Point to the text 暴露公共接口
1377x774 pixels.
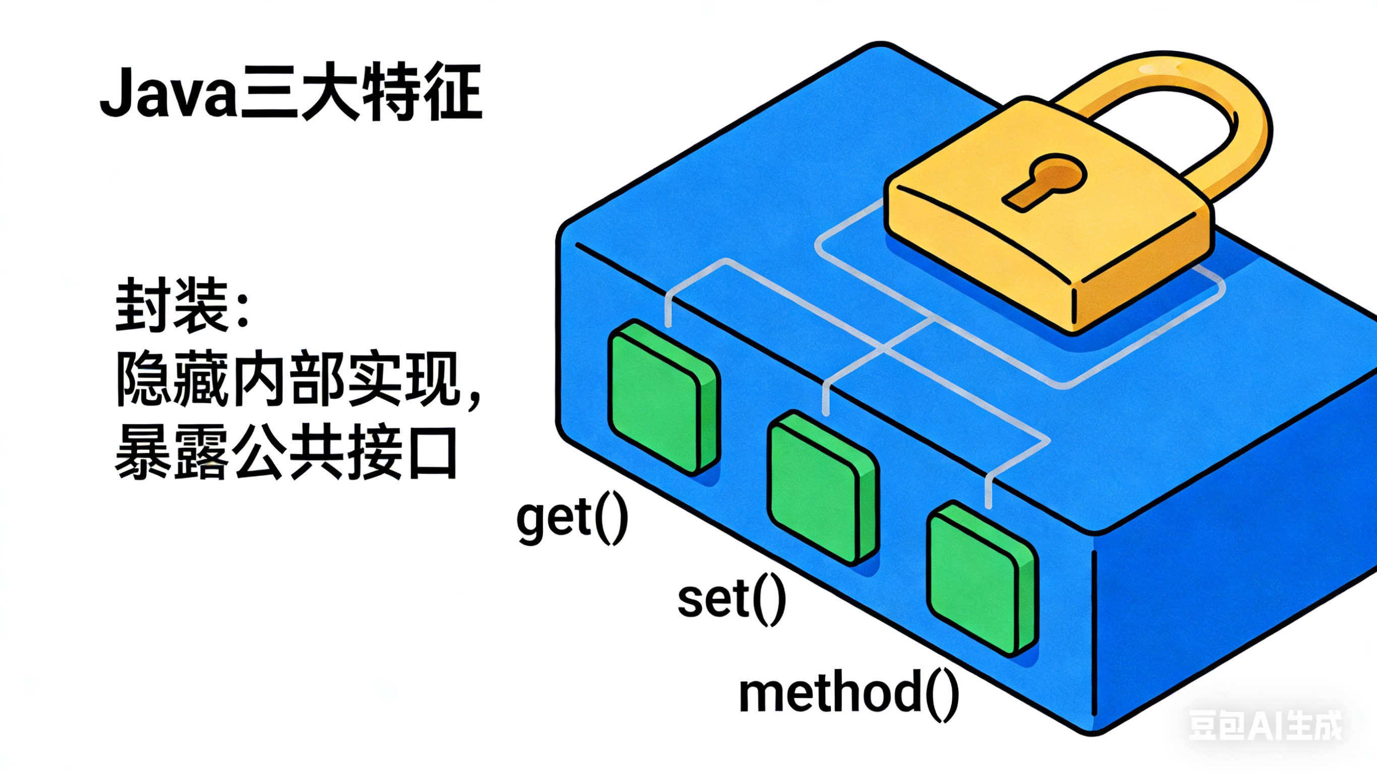click(286, 454)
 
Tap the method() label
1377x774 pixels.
click(848, 694)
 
